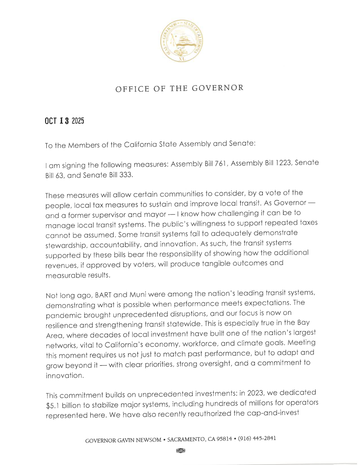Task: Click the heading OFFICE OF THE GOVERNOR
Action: click(179, 88)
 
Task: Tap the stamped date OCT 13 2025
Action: click(64, 121)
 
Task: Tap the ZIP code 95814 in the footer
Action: click(224, 439)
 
